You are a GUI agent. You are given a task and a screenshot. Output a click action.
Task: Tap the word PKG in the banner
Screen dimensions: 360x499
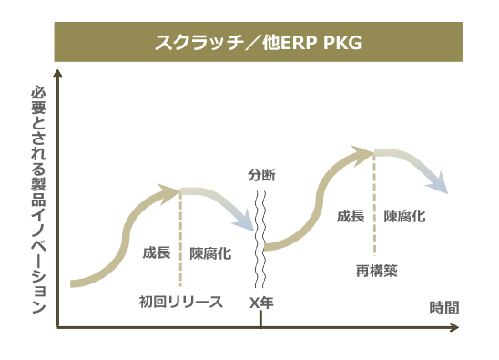coord(342,43)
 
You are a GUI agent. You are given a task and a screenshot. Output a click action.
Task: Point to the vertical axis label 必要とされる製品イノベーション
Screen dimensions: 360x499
coord(37,201)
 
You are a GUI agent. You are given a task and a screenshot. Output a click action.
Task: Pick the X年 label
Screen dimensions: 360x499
coord(261,302)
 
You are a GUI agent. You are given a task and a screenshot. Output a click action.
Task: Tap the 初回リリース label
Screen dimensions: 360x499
coord(180,302)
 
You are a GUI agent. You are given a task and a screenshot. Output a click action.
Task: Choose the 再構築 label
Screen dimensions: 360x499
coord(376,270)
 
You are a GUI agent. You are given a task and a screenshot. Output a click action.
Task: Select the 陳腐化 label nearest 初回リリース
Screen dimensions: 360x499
coord(210,253)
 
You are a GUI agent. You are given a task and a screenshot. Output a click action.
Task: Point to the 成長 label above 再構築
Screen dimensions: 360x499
coord(351,216)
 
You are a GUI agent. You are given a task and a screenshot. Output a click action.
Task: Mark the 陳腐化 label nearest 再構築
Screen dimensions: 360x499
coord(404,216)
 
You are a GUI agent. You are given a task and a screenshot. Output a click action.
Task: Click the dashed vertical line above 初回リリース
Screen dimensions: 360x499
coord(181,237)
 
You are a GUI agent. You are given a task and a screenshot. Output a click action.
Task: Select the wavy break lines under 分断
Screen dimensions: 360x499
coord(261,237)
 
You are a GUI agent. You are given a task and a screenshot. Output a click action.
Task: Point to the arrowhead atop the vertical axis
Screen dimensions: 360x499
coord(57,76)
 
